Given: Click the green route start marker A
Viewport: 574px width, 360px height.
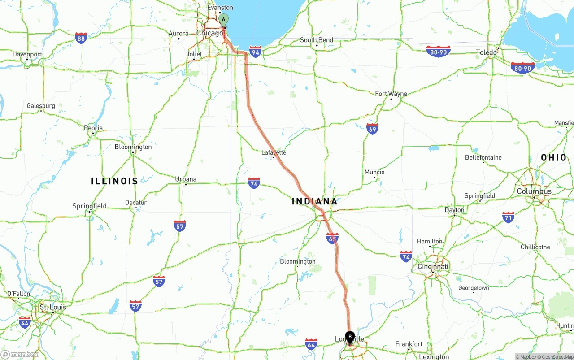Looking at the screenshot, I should pos(223,20).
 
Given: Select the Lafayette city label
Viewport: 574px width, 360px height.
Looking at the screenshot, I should pos(274,152).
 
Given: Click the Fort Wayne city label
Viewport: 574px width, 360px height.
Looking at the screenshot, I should pos(391,94).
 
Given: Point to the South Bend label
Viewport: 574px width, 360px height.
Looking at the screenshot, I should pos(317,40).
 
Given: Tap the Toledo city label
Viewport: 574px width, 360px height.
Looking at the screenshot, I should pos(486,52).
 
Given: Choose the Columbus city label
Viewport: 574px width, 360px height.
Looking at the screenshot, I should pos(534,191).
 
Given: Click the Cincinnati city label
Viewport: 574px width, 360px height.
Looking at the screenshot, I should pos(432,266).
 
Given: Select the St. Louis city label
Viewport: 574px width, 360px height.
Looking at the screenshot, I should pos(53,307).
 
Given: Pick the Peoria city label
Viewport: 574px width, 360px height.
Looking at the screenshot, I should pos(93,128).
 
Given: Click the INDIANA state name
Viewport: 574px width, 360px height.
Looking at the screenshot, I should pos(315,201).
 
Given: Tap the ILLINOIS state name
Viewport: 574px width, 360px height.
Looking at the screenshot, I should pos(114,181).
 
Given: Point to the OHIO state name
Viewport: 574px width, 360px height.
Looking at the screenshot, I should pos(554,157).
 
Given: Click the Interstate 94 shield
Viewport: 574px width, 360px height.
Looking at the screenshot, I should pos(256,52).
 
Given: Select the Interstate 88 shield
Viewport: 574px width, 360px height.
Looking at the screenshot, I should pos(81,38).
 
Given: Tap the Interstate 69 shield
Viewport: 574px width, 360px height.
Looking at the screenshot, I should pos(372,129).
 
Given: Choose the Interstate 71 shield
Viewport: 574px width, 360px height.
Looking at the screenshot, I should pos(508,217).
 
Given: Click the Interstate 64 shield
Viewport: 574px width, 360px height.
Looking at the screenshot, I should pos(311,344).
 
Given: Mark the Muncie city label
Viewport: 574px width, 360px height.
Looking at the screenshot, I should pos(374,172).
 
